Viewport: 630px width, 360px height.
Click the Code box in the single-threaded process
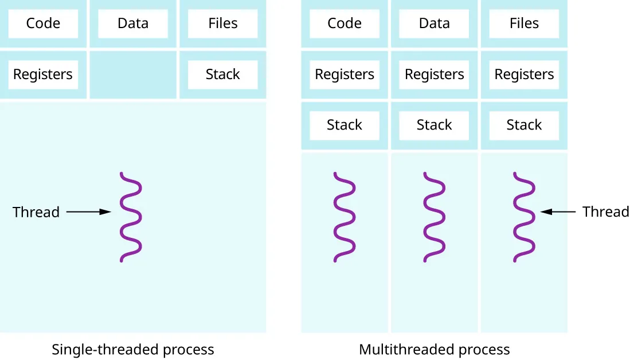click(x=43, y=24)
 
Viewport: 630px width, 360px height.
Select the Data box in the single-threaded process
click(x=132, y=24)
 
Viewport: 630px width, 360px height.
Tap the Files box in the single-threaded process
click(x=222, y=24)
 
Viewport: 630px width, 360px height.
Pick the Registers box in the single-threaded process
click(x=43, y=75)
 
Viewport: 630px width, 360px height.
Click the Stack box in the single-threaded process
click(x=222, y=75)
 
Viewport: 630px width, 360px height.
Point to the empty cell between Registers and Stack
click(x=132, y=75)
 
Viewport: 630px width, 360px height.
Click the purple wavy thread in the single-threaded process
click(x=131, y=217)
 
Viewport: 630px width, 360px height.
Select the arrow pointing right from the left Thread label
click(x=88, y=212)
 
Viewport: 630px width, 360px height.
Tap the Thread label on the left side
click(x=36, y=212)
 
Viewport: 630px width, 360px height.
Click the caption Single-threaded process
click(x=132, y=349)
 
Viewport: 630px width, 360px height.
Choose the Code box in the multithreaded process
click(x=345, y=24)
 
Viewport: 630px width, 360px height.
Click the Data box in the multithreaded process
click(x=434, y=24)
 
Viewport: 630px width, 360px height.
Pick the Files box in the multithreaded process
click(x=524, y=24)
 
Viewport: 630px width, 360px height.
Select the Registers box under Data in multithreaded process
click(x=434, y=75)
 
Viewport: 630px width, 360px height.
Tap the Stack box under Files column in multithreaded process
click(x=524, y=125)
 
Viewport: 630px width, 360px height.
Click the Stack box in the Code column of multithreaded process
click(x=345, y=125)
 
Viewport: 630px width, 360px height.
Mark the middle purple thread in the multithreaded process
click(x=434, y=217)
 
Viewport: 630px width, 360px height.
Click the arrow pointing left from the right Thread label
click(x=558, y=212)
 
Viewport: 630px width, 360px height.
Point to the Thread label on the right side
click(x=605, y=212)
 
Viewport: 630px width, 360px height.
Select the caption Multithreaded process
click(x=434, y=349)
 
